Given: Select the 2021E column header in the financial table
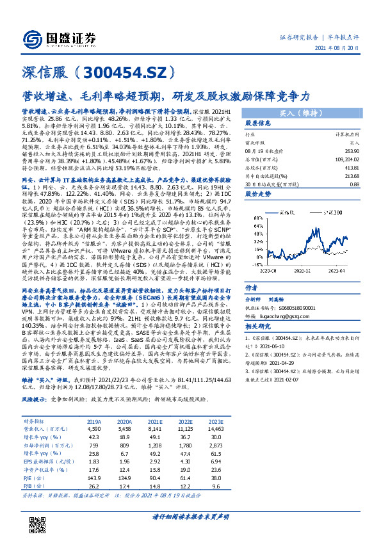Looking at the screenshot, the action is pos(154,422).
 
